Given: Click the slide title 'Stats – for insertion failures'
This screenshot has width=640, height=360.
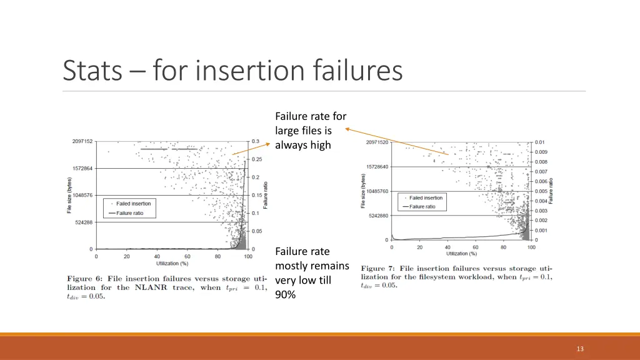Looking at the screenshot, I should (x=232, y=70).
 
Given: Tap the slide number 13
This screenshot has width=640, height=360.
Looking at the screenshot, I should (x=580, y=349).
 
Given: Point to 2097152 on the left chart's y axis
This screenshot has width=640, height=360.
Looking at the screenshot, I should (x=81, y=141).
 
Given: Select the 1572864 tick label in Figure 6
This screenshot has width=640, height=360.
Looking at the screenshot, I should (x=81, y=169).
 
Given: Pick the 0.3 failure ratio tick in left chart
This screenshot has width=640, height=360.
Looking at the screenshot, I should (x=256, y=141).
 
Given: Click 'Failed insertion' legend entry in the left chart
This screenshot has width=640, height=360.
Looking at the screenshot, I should (x=132, y=203).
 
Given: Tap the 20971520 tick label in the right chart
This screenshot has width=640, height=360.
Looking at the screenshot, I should (x=377, y=142).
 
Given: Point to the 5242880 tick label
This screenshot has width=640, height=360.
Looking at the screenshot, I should (x=378, y=216).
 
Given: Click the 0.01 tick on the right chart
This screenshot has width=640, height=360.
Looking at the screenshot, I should (x=540, y=142).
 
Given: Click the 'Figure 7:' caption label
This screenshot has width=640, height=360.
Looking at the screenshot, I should (x=377, y=268).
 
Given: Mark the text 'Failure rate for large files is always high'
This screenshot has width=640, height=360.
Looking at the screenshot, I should (x=310, y=130).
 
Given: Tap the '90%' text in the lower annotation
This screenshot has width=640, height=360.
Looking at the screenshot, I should (x=285, y=294).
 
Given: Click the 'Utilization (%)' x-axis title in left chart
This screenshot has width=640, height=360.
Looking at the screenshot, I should (x=171, y=264).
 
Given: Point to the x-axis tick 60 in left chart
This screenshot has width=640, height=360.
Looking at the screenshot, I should (x=187, y=256).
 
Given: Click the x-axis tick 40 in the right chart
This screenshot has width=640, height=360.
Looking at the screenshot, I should (x=447, y=247).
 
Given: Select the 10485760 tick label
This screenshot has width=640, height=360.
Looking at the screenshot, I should (x=377, y=191).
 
